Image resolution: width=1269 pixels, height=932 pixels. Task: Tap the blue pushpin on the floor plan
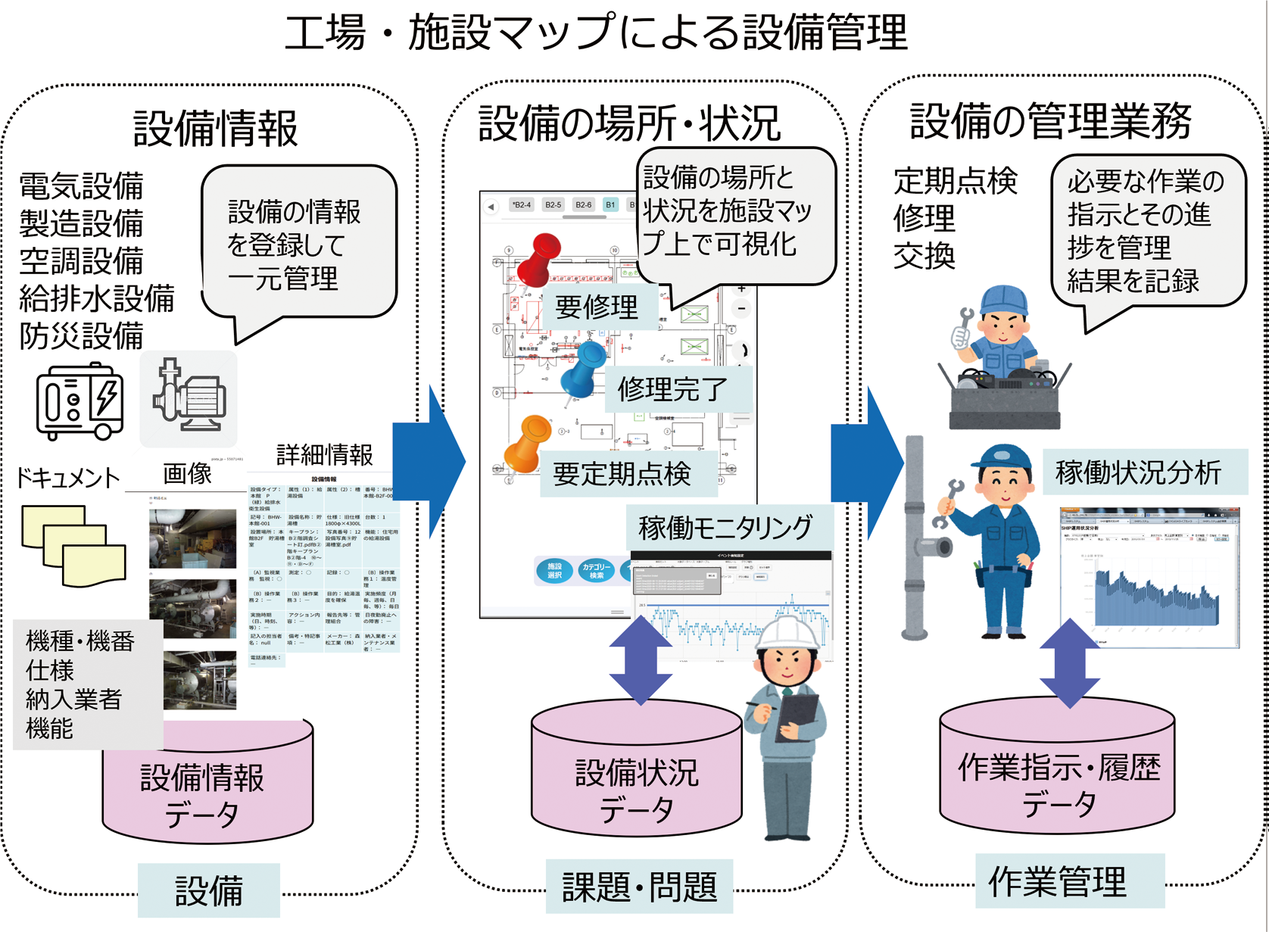pos(584,368)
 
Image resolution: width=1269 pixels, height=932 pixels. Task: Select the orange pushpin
pos(528,443)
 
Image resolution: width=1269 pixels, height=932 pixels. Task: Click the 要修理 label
pos(597,307)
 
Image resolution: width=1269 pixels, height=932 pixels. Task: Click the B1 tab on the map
pos(610,205)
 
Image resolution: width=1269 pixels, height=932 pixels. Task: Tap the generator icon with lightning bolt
pos(80,401)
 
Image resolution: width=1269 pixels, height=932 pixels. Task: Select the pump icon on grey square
pos(189,398)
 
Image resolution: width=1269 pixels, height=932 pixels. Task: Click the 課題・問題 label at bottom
pos(640,887)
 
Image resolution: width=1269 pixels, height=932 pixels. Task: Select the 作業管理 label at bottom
pos(1058,881)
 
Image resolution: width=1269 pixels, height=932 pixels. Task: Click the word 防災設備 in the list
pos(82,336)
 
